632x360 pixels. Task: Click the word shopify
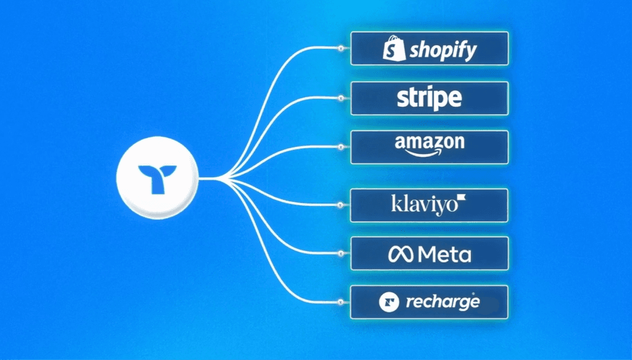443,50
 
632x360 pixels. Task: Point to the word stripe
430,98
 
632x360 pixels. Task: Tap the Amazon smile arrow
430,153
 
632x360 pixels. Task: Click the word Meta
444,254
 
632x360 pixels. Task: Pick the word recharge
442,303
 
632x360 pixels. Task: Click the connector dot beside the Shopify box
341,48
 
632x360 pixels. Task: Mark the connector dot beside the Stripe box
341,98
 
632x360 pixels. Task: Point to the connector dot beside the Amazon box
341,147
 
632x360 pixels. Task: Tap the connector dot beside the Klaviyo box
341,206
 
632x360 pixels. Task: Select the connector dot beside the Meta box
341,254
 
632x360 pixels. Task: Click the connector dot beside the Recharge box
341,302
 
